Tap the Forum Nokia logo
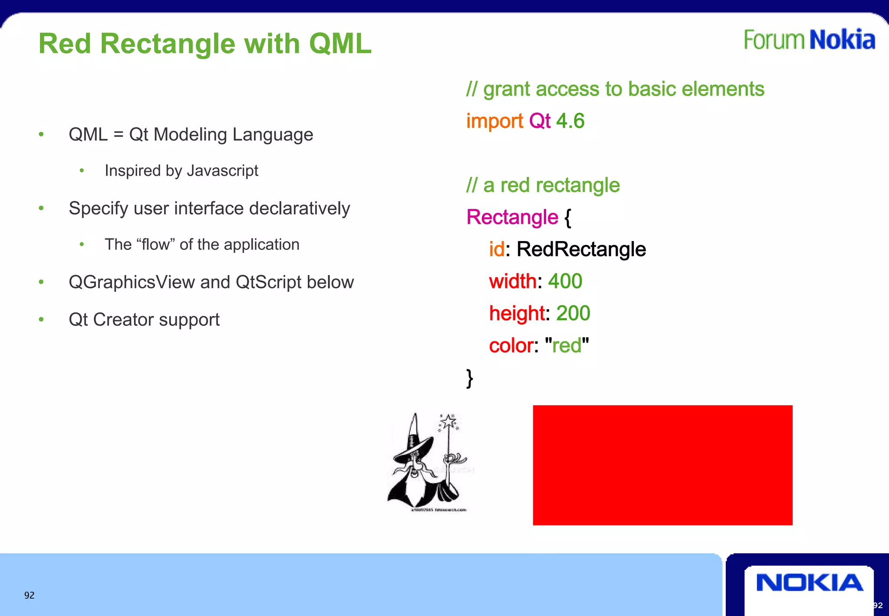click(x=809, y=40)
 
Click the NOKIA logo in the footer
click(x=809, y=583)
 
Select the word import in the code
click(x=494, y=121)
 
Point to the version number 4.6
click(x=570, y=121)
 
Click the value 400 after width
click(x=565, y=281)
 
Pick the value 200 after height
click(x=573, y=313)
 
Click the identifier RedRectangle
click(x=581, y=249)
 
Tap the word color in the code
click(x=511, y=345)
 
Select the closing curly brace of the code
click(x=469, y=378)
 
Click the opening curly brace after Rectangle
click(x=568, y=217)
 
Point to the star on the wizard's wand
click(x=448, y=421)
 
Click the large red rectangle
click(x=662, y=465)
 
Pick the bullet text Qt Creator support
click(x=144, y=320)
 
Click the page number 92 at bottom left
click(x=29, y=595)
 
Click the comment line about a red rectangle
click(x=543, y=185)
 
